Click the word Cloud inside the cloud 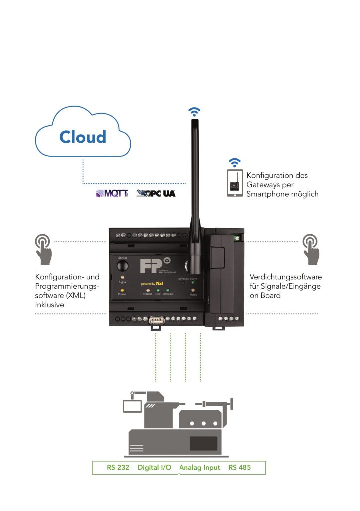(83, 137)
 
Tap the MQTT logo (110, 193)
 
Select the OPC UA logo (156, 193)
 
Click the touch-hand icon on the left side (43, 248)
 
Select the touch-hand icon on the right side (312, 248)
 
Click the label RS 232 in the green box (117, 468)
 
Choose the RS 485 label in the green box (240, 468)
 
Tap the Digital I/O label (155, 468)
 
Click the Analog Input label (199, 468)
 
